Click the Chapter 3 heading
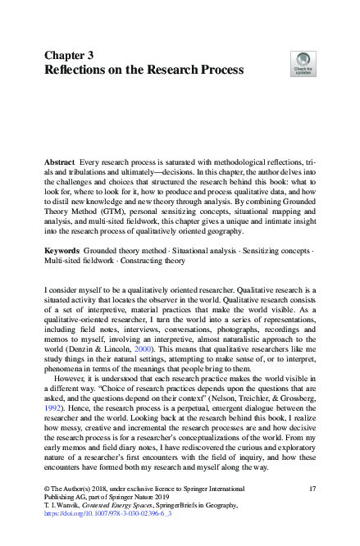71,54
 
